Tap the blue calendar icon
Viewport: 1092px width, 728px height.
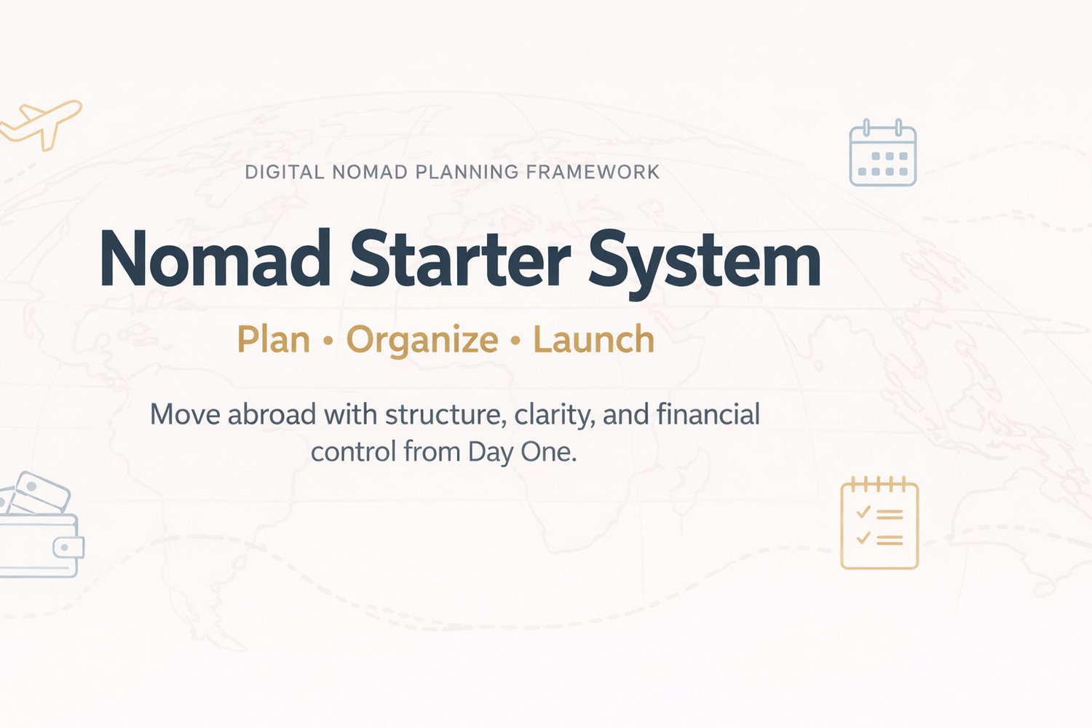[x=883, y=152]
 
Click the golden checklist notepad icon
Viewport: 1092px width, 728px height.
[x=879, y=523]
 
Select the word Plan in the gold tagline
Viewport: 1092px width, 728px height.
[x=274, y=339]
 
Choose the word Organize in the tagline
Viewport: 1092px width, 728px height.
[x=422, y=341]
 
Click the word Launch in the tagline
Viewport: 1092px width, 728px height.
[x=594, y=339]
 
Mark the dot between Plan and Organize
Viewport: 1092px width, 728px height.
[x=328, y=341]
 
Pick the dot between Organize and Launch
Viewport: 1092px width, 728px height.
[x=515, y=341]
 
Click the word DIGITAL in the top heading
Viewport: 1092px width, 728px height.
[x=284, y=172]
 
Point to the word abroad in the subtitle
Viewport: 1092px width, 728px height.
[x=272, y=414]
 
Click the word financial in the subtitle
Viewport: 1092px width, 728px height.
[x=708, y=414]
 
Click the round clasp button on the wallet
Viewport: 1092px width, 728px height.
[x=64, y=547]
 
